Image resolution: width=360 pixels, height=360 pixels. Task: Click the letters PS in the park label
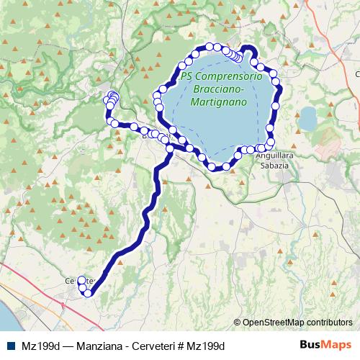point(187,76)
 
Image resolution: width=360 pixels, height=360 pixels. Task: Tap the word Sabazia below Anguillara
point(274,166)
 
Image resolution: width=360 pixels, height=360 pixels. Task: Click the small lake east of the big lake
point(308,117)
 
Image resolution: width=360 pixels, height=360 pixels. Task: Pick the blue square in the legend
point(9,346)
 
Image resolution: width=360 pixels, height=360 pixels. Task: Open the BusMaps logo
point(325,345)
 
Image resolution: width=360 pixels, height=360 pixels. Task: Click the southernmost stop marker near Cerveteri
point(89,292)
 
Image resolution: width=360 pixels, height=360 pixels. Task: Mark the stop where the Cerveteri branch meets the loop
point(170,149)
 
